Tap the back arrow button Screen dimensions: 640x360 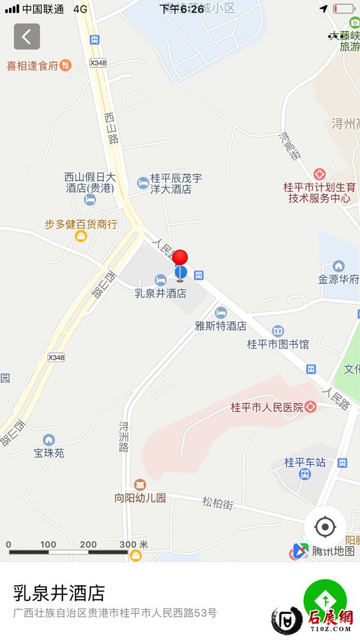(27, 37)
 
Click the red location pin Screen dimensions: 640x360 (180, 258)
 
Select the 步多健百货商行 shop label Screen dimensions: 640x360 (81, 224)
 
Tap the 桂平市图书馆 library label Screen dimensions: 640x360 (278, 344)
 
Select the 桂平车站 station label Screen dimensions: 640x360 (305, 462)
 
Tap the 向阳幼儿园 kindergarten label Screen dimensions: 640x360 (140, 497)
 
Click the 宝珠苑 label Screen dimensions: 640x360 (49, 453)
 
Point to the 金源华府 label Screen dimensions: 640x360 (338, 279)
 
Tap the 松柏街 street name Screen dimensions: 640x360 (217, 503)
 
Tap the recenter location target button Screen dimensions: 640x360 (325, 527)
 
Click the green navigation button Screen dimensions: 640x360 (325, 600)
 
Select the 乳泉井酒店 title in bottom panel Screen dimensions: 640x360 (59, 593)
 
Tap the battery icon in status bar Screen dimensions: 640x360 (344, 9)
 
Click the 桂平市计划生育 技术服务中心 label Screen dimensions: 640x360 (319, 193)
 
